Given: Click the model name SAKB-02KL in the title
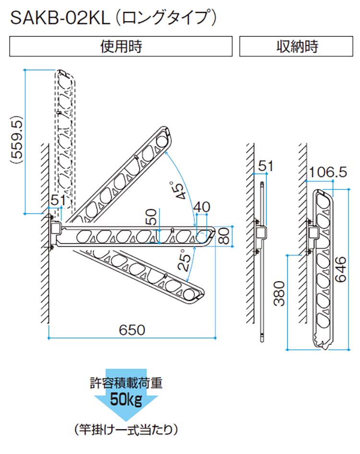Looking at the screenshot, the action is click(x=60, y=18).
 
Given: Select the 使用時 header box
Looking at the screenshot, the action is click(x=121, y=47).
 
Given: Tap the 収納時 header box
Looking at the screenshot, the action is click(x=296, y=47).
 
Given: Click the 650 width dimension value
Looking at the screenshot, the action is click(x=132, y=330).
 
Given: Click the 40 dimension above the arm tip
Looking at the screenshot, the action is click(x=202, y=207).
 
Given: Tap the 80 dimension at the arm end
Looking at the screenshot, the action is click(x=224, y=236).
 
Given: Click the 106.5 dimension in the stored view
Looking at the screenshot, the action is click(x=328, y=172).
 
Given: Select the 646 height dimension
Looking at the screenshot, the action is click(x=341, y=269).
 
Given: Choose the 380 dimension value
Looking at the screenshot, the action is click(x=279, y=293).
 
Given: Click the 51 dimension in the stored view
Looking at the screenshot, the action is click(x=265, y=166).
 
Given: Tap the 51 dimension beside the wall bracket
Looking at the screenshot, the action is click(x=58, y=200).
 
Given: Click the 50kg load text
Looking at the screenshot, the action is click(x=126, y=400).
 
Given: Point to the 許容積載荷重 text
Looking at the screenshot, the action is click(x=126, y=383).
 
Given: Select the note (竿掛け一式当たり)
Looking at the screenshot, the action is click(x=126, y=430).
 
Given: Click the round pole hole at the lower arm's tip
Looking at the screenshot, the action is click(x=189, y=295).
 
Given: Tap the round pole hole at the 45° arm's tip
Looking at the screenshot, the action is click(x=162, y=142).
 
